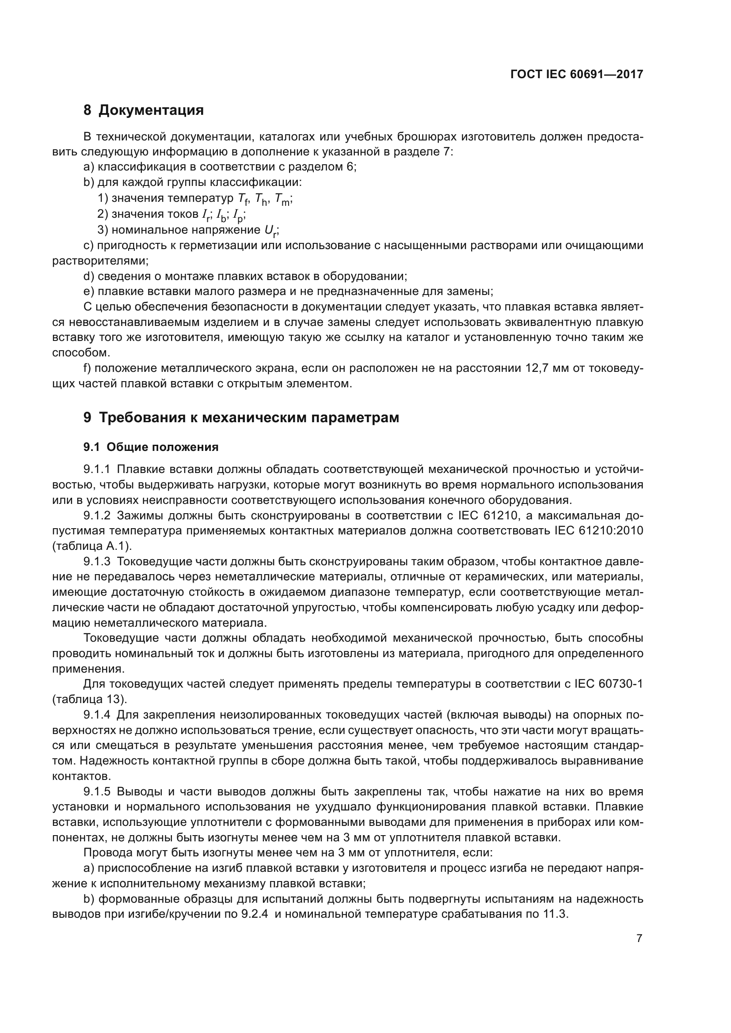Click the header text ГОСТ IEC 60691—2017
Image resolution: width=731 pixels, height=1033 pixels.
click(577, 74)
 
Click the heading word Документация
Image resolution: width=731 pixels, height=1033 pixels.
click(151, 110)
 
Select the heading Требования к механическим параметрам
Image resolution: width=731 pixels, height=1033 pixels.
click(248, 417)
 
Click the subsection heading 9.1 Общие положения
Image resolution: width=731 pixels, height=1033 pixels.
click(151, 447)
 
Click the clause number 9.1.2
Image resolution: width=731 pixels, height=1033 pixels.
click(97, 515)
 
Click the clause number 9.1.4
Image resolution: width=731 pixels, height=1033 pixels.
click(97, 715)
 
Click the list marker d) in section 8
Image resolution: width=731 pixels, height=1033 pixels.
click(89, 276)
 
